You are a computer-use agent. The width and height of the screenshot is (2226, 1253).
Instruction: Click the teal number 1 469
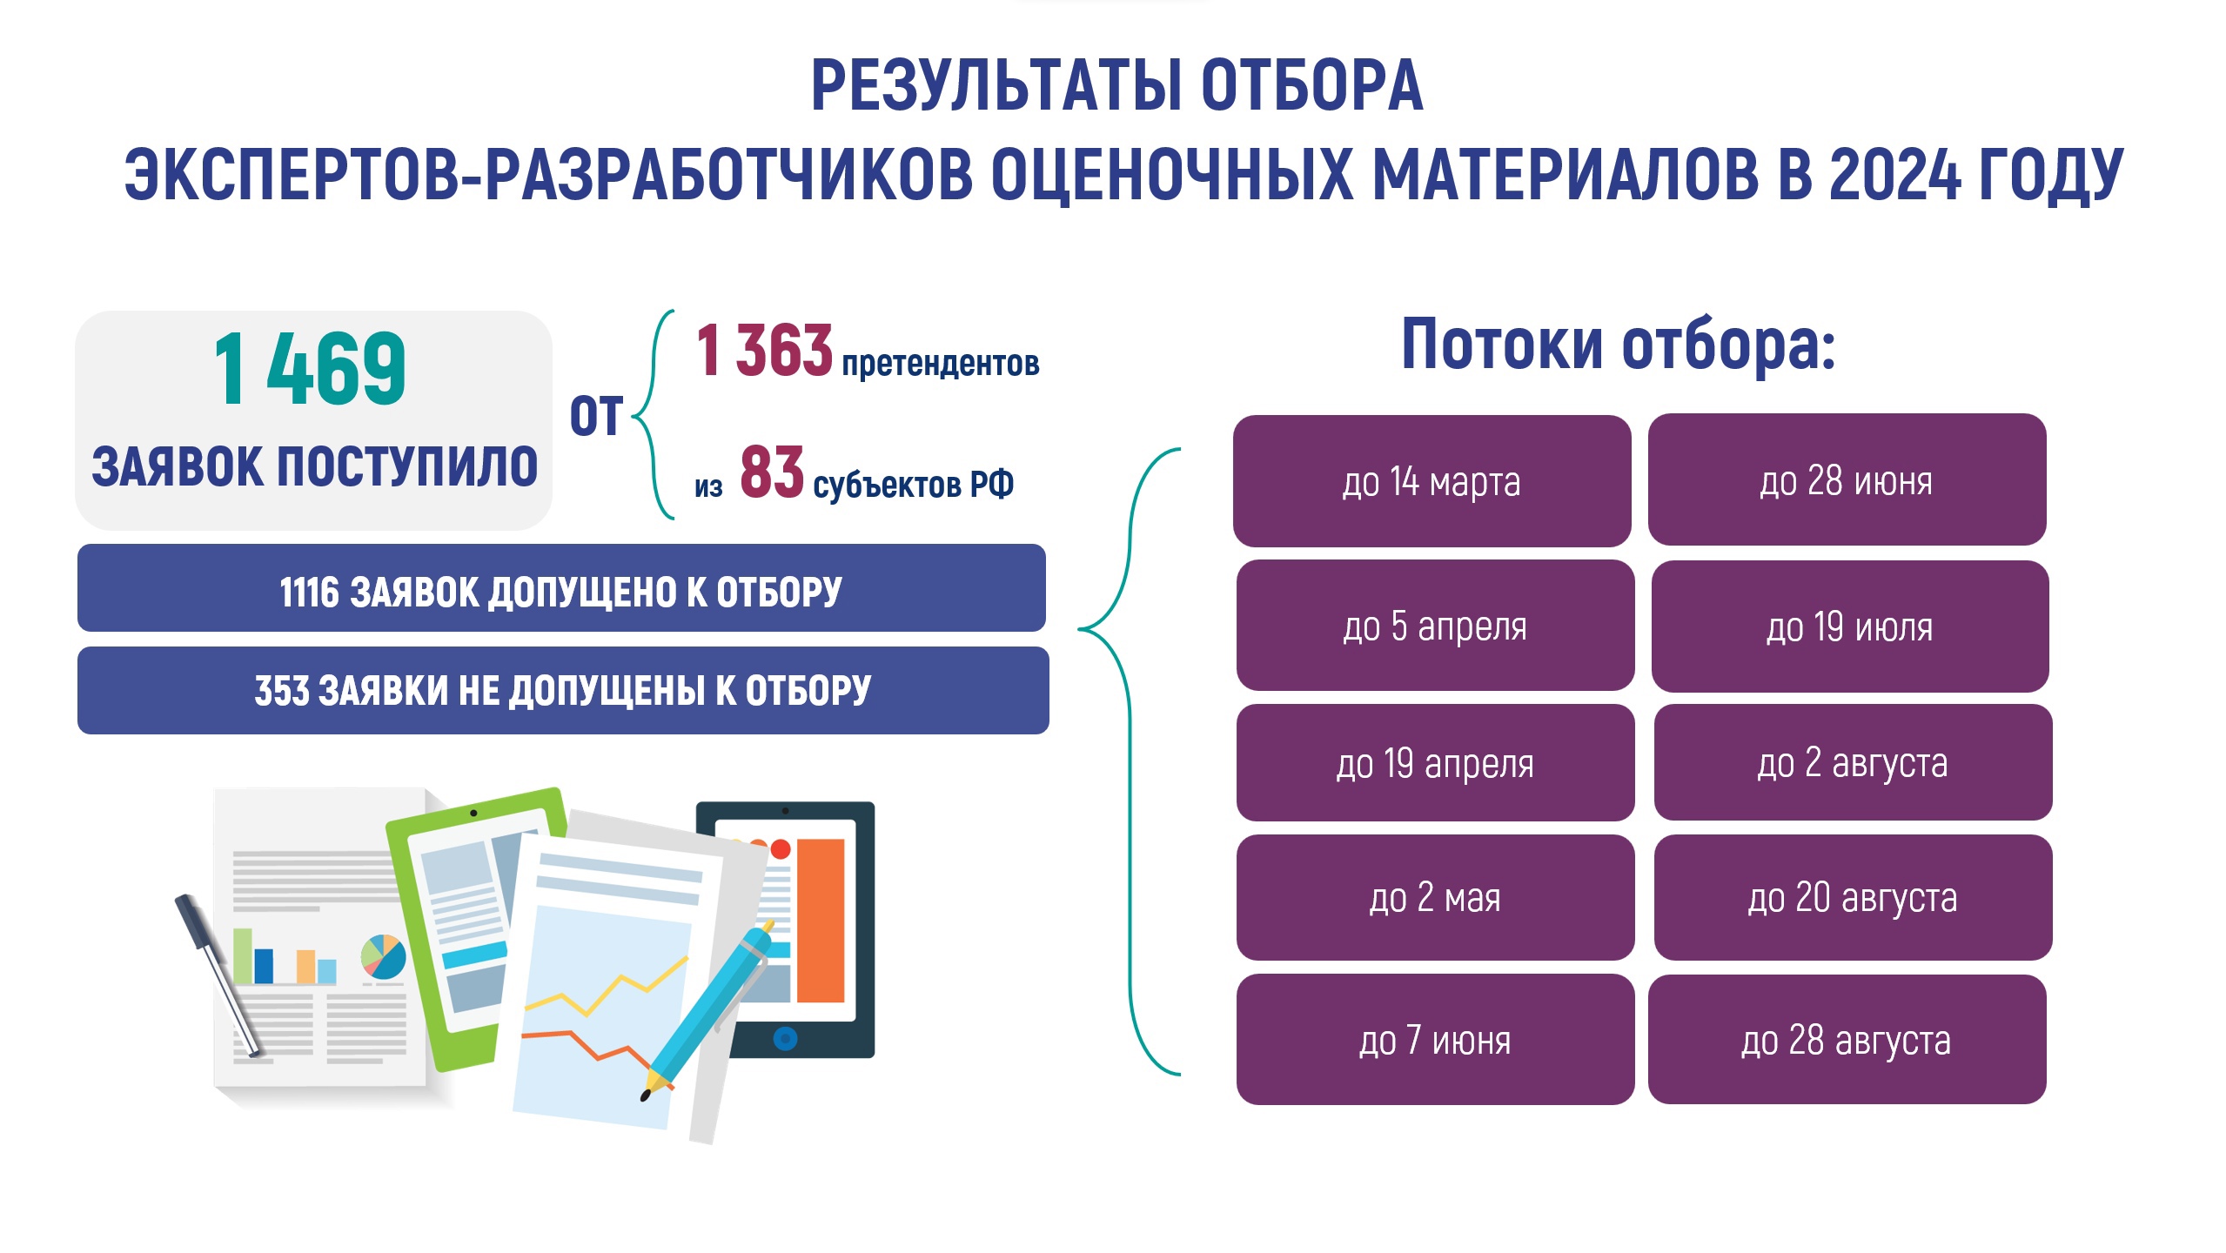(310, 369)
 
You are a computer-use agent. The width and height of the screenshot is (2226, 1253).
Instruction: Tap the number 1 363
(764, 350)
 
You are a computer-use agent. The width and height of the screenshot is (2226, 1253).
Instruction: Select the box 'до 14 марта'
(1431, 481)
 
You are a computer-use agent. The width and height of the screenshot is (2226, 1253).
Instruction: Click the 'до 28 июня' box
(1847, 479)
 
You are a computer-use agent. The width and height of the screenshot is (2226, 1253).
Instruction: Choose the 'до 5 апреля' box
(1435, 626)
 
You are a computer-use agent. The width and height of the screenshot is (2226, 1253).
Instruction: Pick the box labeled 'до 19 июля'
(1850, 626)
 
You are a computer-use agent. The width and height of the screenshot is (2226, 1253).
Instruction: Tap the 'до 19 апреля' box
(1435, 763)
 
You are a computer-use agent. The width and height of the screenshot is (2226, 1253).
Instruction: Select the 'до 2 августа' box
(1853, 762)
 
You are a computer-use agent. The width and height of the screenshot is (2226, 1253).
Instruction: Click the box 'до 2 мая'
(1435, 898)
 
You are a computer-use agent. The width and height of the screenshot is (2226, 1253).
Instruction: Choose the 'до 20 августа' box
(1853, 898)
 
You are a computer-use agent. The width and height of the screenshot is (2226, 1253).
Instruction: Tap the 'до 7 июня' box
(1435, 1040)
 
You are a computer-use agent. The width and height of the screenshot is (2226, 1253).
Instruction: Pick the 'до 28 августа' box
(1847, 1040)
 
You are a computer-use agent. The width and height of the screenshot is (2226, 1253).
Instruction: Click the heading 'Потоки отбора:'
(1618, 345)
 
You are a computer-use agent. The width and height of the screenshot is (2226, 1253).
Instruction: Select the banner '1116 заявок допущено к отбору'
(561, 588)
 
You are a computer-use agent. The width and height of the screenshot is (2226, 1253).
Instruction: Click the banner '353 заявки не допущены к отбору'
(563, 691)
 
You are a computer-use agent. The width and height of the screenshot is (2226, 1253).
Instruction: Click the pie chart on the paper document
(384, 956)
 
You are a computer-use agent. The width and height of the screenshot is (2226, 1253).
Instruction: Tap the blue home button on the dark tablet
(785, 1038)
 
